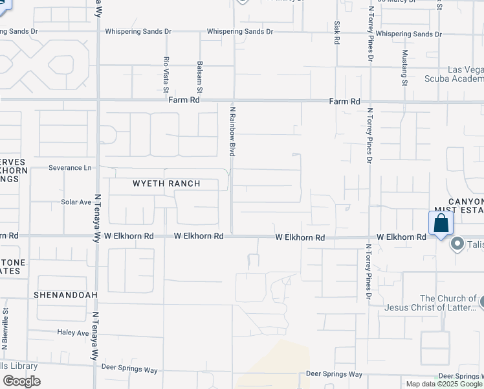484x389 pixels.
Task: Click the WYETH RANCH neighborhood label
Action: coord(166,183)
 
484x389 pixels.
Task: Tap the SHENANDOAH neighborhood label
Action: coord(67,295)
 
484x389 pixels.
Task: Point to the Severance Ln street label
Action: coord(70,167)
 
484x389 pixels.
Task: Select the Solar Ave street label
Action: coord(76,202)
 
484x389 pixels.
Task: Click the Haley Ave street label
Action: coord(72,333)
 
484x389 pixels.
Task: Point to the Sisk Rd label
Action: coord(337,32)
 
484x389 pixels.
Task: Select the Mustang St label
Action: coord(404,67)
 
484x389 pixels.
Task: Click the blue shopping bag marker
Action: coord(441,224)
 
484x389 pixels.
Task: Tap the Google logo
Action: coord(21,381)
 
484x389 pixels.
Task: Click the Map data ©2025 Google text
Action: coord(444,384)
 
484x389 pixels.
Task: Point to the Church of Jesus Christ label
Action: coord(438,303)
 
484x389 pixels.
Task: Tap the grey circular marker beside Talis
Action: coord(458,244)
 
